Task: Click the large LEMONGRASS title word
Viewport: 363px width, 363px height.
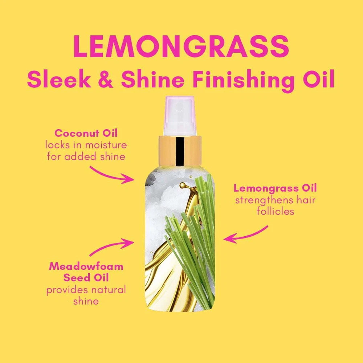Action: click(181, 46)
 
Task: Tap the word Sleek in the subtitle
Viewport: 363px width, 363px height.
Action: click(59, 79)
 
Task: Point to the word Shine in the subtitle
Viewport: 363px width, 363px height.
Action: click(153, 79)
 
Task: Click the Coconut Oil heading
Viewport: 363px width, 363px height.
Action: click(86, 133)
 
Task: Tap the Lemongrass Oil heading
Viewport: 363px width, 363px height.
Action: click(275, 188)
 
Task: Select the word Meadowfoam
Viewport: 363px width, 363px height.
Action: click(86, 266)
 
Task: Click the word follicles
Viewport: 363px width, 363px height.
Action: click(275, 211)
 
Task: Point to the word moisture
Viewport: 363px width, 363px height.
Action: click(106, 145)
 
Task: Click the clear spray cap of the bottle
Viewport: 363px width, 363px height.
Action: click(179, 116)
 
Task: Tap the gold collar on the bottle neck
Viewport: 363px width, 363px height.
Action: click(180, 151)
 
